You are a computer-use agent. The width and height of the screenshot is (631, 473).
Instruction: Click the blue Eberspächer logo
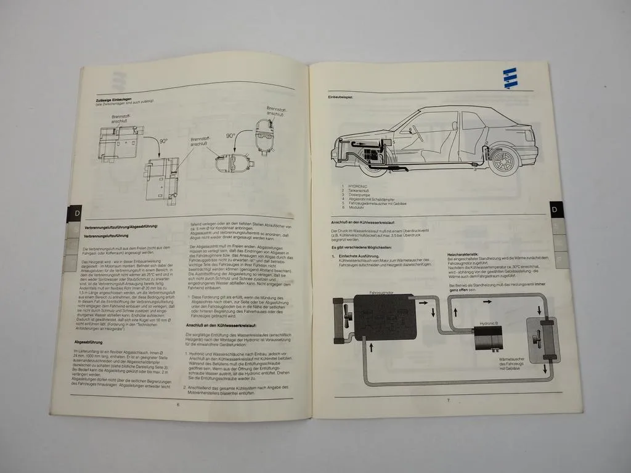click(510, 78)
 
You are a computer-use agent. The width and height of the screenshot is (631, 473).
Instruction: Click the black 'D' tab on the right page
click(554, 210)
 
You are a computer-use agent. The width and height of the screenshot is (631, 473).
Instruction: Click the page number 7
click(448, 401)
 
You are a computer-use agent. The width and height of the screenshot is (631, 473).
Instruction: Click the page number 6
click(177, 404)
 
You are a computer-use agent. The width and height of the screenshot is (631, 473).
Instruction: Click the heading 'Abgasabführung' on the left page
click(88, 341)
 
